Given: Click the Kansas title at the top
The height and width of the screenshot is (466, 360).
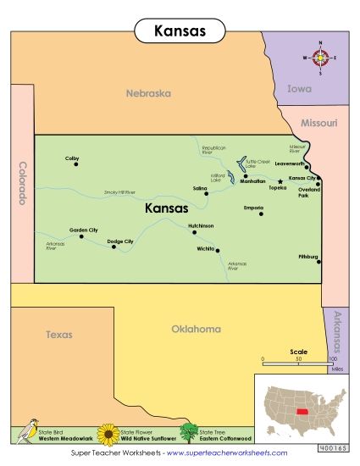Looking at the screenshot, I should tap(180, 31).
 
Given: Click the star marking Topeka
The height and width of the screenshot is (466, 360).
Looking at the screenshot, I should tap(280, 180).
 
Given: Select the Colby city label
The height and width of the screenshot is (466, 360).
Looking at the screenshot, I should tap(72, 158).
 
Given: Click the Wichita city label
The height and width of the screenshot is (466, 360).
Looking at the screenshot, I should tap(205, 249).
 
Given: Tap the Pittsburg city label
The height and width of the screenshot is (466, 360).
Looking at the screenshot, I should tap(308, 256).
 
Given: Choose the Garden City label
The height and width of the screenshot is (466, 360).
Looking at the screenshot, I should tap(83, 230).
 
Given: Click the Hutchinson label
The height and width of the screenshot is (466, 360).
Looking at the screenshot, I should tap(201, 225).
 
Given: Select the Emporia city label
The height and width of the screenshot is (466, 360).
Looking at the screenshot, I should tap(253, 207).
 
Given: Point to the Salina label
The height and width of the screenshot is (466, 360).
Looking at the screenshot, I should tap(200, 188).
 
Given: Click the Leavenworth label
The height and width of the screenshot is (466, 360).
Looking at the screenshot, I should tap(289, 164).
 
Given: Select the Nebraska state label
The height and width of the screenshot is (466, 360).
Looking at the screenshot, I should tap(149, 93).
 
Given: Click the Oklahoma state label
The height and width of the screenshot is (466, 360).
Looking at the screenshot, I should tap(196, 329).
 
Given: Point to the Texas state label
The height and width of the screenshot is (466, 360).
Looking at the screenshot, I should tap(59, 335).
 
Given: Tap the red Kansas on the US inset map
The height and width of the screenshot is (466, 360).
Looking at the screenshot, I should tap(302, 398).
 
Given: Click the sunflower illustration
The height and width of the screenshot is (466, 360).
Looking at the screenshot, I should tap(108, 435).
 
